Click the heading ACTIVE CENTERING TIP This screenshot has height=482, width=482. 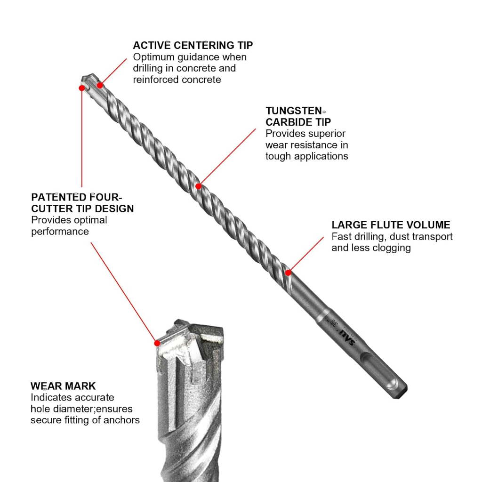coord(193,45)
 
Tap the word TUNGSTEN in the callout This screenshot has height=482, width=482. coord(294,111)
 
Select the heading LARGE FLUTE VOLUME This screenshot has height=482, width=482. coord(391,225)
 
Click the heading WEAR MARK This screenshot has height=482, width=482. coord(63,386)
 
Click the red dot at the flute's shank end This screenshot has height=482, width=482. coord(288,273)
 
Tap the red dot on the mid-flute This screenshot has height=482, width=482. coord(198,186)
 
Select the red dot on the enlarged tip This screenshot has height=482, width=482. coord(157,343)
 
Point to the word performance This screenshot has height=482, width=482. coord(60,232)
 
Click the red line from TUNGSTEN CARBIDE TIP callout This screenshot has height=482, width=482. coord(227,157)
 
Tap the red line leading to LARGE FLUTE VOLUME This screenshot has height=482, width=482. coord(306,255)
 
